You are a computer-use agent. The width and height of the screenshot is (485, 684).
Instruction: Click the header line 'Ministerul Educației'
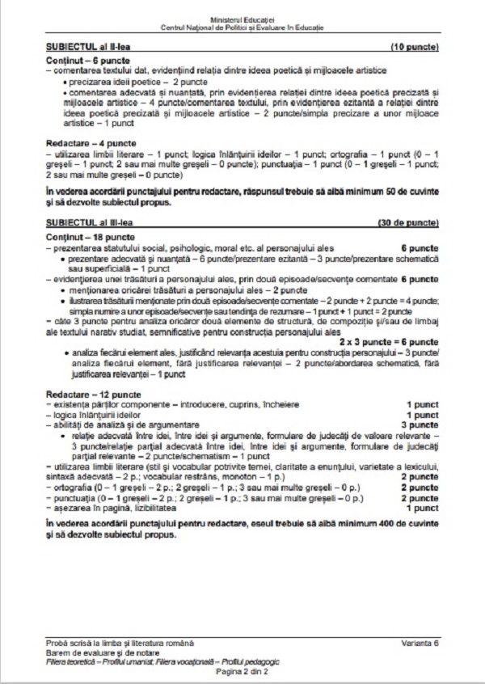point(242,18)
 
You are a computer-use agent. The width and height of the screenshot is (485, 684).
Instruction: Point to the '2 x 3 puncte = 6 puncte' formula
point(394,342)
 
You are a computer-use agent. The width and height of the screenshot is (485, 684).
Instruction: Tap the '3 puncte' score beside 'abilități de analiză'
point(420,424)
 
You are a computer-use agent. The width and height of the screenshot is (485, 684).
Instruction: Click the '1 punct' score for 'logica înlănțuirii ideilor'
point(422,414)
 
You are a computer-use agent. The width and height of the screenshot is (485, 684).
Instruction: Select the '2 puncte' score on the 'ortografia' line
point(420,488)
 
